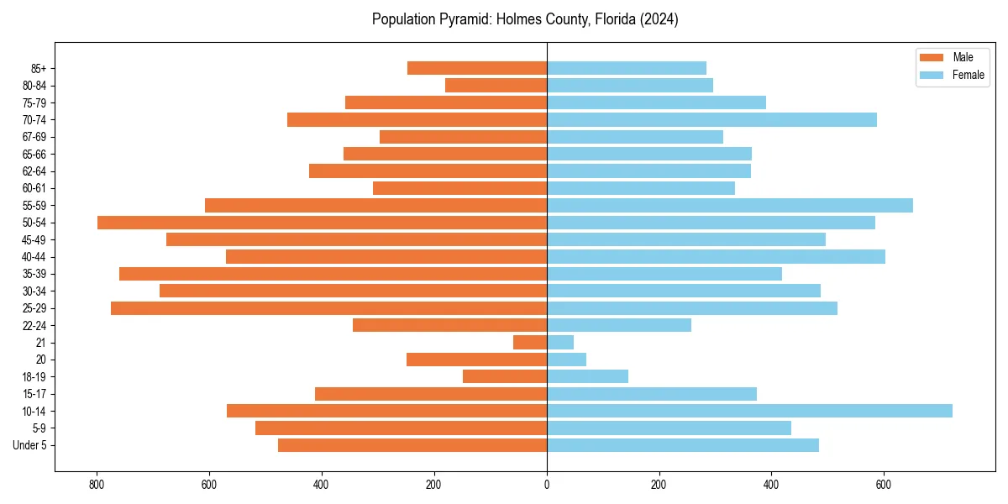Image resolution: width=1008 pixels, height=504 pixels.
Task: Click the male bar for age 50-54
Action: pos(322,223)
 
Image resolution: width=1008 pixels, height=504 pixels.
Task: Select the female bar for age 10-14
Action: pos(749,411)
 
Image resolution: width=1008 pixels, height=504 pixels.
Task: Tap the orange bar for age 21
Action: pos(530,343)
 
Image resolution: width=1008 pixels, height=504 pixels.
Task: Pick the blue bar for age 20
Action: pos(566,360)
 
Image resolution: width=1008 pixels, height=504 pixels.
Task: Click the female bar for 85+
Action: pos(627,68)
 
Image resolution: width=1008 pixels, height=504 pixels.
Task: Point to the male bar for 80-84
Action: pos(496,85)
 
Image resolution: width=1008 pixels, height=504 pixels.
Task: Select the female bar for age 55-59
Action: pos(730,205)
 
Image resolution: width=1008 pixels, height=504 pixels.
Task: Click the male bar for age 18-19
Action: pos(505,376)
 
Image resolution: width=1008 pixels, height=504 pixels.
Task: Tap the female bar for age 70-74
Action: pos(711,119)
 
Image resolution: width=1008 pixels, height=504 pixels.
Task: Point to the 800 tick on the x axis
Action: pos(97,485)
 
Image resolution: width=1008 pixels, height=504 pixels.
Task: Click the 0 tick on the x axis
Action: pos(547,485)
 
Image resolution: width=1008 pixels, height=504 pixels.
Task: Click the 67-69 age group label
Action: pos(34,137)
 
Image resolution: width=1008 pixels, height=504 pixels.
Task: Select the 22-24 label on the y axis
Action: pos(34,325)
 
